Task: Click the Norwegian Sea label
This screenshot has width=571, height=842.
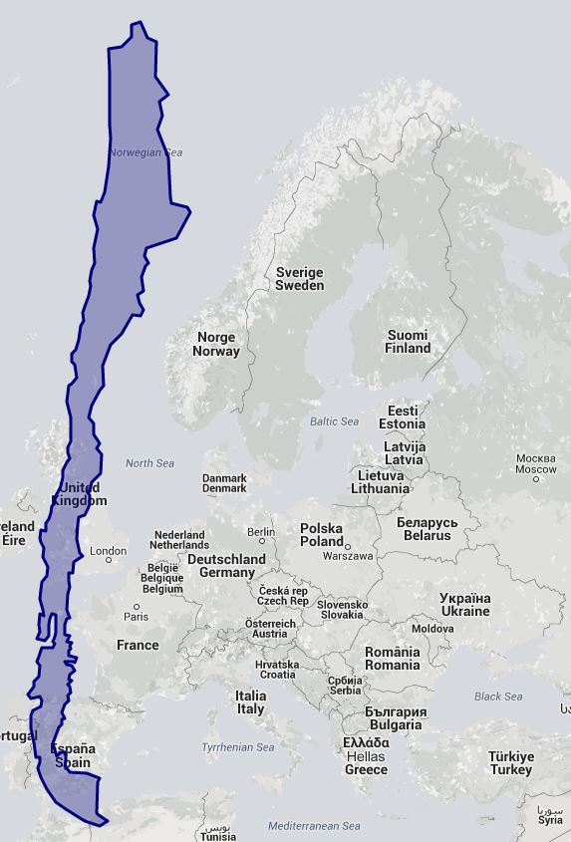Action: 145,152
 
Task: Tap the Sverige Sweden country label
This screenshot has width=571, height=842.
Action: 299,278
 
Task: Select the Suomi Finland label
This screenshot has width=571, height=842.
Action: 408,342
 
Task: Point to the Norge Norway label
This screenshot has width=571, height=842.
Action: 216,344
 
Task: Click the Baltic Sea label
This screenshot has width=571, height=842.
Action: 334,421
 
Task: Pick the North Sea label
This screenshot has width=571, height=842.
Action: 149,463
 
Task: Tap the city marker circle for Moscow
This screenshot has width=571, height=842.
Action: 536,478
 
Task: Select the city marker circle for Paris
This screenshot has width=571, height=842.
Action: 138,606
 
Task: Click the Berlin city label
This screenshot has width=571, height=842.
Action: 260,532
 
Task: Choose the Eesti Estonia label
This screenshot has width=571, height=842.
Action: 403,417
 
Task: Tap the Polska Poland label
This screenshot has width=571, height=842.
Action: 322,534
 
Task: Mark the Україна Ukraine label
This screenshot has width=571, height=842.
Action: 464,605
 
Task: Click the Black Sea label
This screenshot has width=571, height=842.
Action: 498,697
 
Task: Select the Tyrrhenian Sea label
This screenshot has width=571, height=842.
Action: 238,747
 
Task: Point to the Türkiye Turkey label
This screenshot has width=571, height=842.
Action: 510,763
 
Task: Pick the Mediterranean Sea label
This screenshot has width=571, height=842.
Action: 314,826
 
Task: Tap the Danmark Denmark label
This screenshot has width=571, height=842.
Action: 224,483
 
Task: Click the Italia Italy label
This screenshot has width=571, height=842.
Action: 250,702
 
